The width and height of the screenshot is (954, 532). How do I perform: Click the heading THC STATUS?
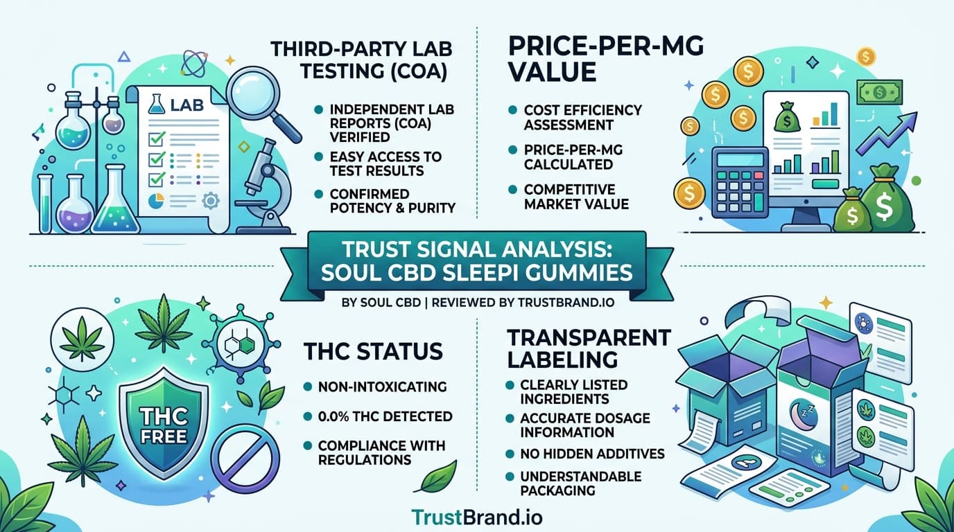coord(373,351)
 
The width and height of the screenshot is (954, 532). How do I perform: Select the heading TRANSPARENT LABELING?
coord(589,348)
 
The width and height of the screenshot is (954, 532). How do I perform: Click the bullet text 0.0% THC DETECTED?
coord(385,416)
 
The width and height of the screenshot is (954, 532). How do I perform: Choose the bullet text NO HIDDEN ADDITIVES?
coord(593,454)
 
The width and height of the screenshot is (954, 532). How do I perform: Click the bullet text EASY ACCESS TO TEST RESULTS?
coord(385,163)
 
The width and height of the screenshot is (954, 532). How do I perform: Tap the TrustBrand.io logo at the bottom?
coord(477,517)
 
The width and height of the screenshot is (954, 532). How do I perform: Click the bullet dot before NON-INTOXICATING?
coord(309,387)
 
